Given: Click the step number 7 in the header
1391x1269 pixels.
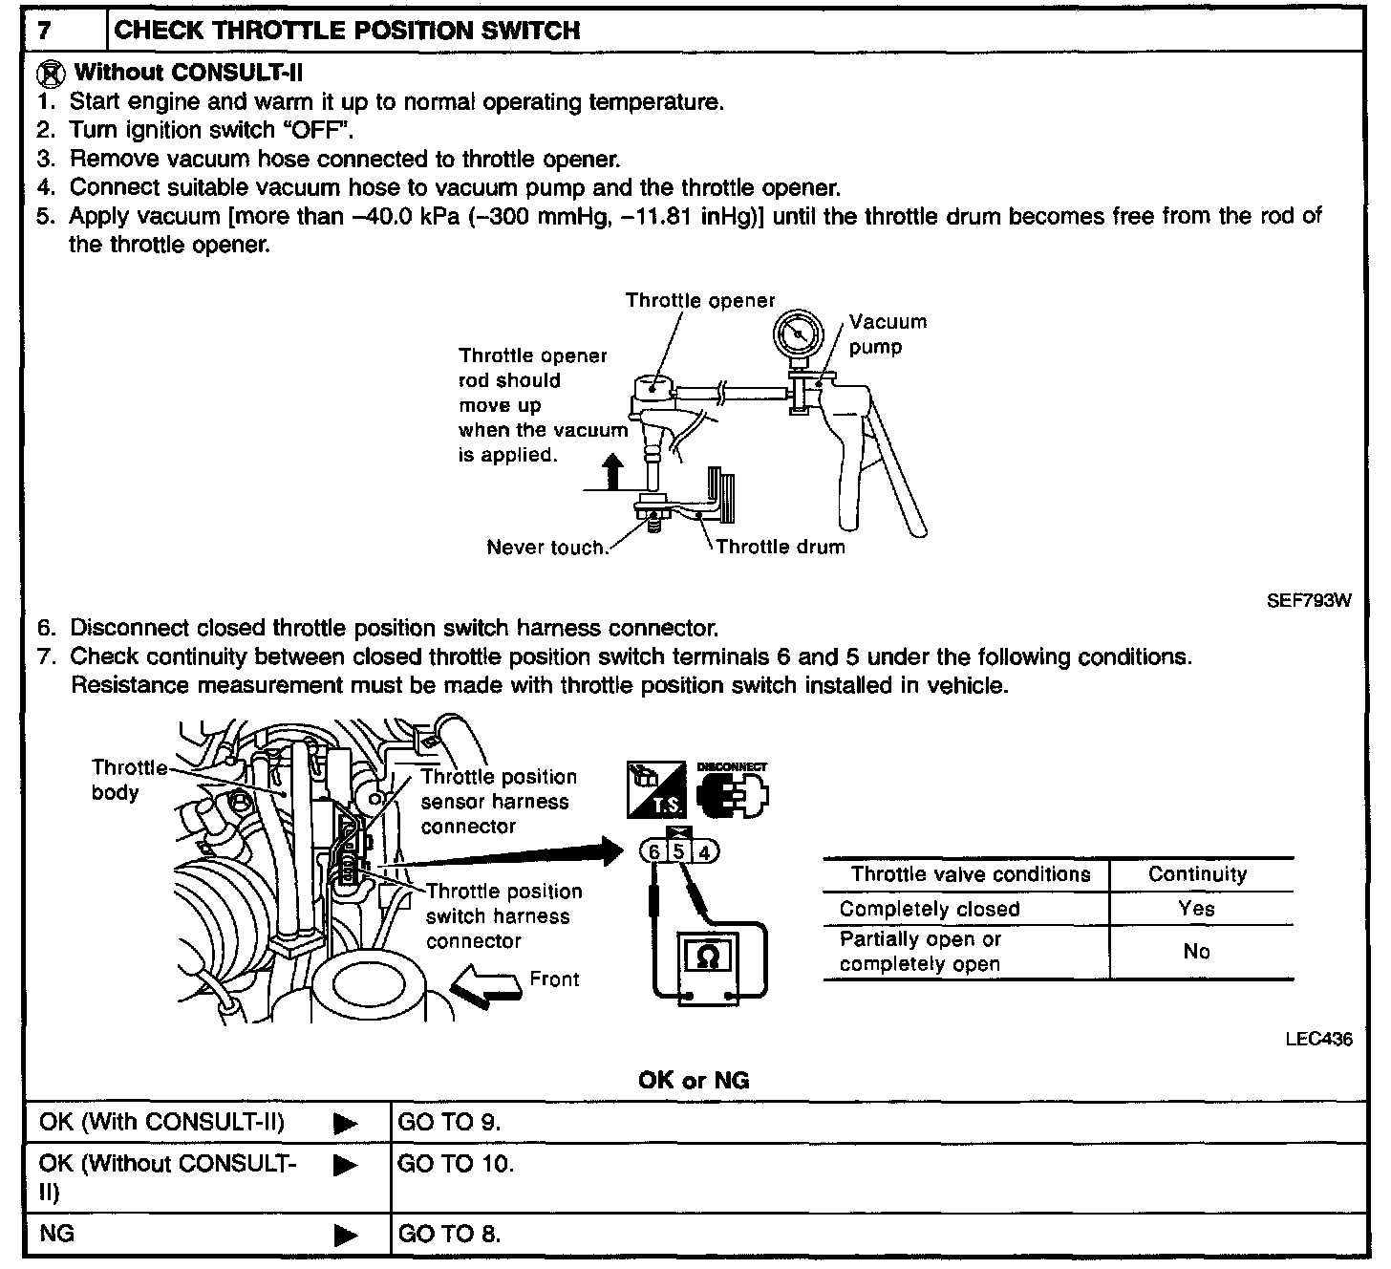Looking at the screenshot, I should click(44, 31).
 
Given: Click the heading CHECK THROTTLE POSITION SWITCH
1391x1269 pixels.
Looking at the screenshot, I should click(347, 31).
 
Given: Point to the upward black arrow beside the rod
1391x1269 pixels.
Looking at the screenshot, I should click(613, 472).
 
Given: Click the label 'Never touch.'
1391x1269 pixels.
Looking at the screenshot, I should click(547, 548).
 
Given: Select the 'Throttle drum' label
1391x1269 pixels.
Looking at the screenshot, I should click(780, 547).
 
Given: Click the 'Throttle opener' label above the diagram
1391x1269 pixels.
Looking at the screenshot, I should click(700, 300).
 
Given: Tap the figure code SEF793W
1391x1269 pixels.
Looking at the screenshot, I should click(1308, 602).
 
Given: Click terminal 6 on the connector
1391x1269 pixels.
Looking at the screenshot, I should click(653, 852).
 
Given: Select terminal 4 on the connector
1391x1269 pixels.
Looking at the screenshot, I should click(704, 852).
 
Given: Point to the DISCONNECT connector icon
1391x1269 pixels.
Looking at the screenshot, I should click(733, 790).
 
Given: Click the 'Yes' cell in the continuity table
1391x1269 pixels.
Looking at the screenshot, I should click(1196, 908).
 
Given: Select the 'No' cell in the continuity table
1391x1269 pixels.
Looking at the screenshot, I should click(1196, 952).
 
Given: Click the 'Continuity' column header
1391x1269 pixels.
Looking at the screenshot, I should click(1197, 874).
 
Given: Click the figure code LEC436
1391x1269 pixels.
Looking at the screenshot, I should click(1318, 1040).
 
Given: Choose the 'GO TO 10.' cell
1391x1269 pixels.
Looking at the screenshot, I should click(456, 1164).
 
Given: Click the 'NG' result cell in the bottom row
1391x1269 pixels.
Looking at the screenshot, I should click(57, 1234).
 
